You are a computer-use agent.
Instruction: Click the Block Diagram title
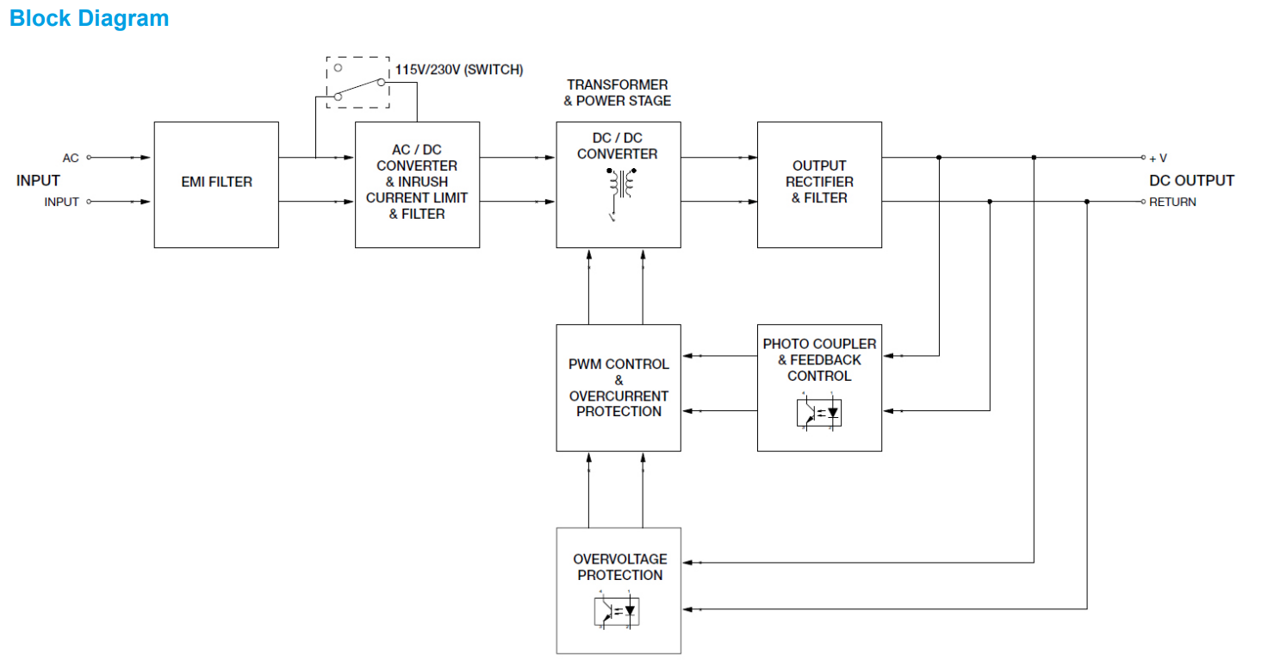click(x=90, y=18)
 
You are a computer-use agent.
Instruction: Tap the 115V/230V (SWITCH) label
click(x=459, y=70)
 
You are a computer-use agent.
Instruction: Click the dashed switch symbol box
click(x=357, y=83)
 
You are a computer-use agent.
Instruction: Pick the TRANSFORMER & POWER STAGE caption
click(x=617, y=93)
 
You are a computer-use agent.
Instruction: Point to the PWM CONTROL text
click(x=618, y=365)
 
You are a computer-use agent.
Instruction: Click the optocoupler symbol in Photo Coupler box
click(x=819, y=413)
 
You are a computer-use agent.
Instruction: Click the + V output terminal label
click(x=1158, y=159)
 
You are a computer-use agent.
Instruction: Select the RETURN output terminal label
click(x=1172, y=203)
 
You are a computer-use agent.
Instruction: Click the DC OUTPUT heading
click(x=1191, y=181)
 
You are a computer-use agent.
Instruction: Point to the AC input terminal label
click(x=71, y=159)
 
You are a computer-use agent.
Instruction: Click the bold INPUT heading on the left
click(x=38, y=181)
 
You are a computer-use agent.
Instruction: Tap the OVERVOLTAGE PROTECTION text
click(x=619, y=567)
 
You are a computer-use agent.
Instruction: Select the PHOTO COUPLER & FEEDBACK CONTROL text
click(x=819, y=360)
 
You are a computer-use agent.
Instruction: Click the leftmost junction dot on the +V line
click(x=939, y=158)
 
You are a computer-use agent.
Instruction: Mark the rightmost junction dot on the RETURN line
click(x=1087, y=202)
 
